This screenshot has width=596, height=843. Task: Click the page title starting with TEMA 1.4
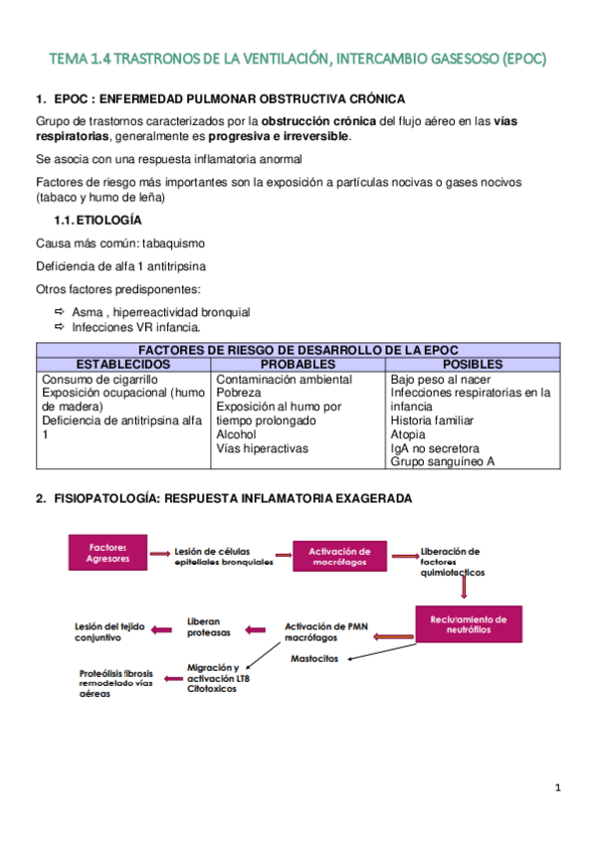coord(298,60)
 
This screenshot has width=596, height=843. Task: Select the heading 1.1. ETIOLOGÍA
coord(98,220)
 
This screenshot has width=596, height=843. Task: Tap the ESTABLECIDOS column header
coord(123,365)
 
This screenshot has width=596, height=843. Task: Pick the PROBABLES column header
coord(298,365)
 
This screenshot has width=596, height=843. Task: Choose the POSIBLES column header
coord(473,365)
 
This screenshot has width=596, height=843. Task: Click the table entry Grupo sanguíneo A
coord(442,461)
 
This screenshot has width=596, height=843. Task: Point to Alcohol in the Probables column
coord(236,434)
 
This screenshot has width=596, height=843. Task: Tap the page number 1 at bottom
coord(558,788)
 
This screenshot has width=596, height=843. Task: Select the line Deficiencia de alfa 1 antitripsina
coord(121,265)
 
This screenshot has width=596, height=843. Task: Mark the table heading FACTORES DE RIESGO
coord(298,351)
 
